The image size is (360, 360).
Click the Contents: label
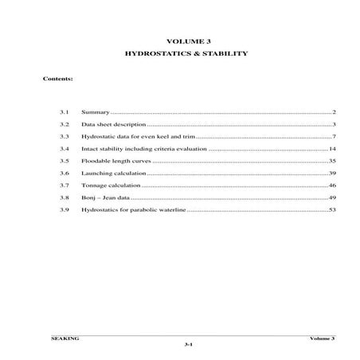(x=58, y=80)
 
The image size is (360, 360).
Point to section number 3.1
(x=65, y=113)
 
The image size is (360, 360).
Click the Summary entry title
(x=95, y=113)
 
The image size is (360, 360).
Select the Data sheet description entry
(x=113, y=125)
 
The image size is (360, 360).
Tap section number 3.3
(x=65, y=137)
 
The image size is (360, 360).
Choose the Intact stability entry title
(x=143, y=149)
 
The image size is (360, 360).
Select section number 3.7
(x=65, y=185)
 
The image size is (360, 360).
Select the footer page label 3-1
(x=188, y=345)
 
